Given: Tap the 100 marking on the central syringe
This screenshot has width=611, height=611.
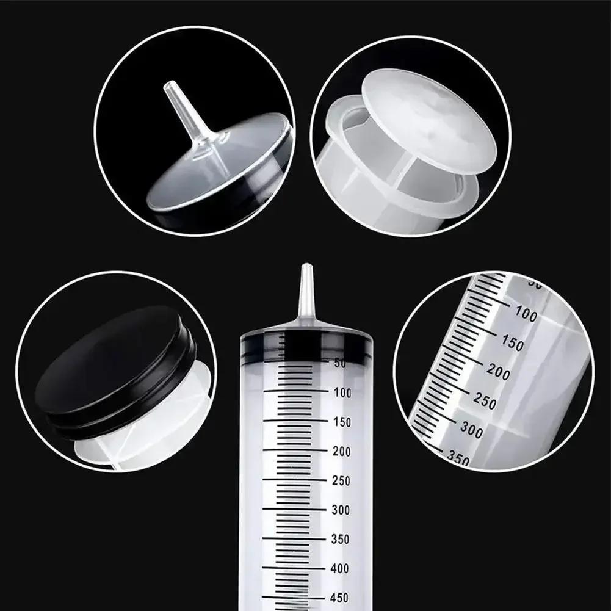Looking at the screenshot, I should pos(343,393).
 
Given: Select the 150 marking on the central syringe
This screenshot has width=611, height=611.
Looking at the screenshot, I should pos(343,422).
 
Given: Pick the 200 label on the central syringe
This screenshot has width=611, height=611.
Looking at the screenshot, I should pos(342,452).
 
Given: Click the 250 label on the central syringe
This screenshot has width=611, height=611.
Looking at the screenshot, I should pos(342,481).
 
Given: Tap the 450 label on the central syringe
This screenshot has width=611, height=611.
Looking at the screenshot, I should pos(341,598).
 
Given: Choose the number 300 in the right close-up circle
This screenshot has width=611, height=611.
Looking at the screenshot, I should pos(471,430).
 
